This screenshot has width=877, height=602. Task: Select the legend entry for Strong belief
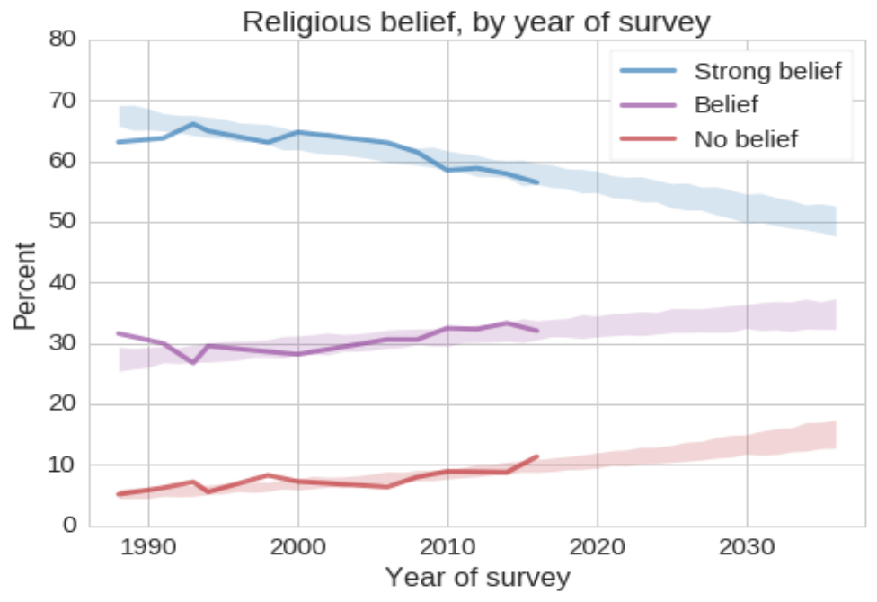click(767, 71)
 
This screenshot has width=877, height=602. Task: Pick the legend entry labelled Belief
click(726, 104)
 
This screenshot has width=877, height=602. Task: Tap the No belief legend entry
click(746, 138)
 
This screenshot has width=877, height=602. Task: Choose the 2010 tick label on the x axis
click(447, 548)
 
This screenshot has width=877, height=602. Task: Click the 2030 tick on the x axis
click(746, 548)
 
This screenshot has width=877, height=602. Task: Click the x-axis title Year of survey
click(476, 577)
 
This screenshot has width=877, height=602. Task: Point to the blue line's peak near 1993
click(193, 124)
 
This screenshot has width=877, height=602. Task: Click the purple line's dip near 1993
click(193, 362)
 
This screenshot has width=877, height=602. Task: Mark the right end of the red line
click(536, 456)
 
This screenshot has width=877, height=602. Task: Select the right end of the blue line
click(536, 182)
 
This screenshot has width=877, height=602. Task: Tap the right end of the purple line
click(536, 331)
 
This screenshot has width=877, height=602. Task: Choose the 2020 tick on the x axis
click(597, 548)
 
